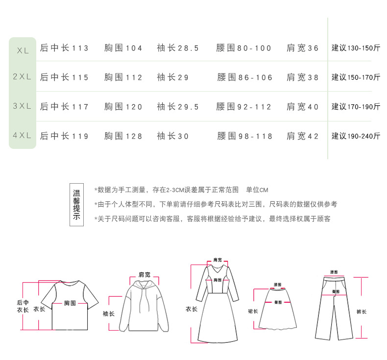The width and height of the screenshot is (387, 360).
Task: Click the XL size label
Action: tap(23, 50)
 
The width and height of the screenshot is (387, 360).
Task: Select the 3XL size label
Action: tap(22, 106)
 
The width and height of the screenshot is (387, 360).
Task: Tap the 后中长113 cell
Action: tap(64, 48)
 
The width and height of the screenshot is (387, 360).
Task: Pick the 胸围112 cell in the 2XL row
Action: tap(123, 77)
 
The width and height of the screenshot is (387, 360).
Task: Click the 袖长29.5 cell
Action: tap(178, 107)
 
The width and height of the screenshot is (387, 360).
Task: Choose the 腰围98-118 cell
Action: tap(244, 136)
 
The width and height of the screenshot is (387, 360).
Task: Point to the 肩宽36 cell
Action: tap(303, 48)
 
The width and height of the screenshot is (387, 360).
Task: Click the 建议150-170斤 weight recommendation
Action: tap(356, 77)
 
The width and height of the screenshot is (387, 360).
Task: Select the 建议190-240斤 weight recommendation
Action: tap(356, 136)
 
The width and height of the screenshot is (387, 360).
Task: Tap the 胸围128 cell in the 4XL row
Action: tap(123, 136)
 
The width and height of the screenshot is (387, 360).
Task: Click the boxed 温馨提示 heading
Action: tap(76, 205)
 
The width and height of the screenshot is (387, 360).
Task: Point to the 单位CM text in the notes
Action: tap(257, 190)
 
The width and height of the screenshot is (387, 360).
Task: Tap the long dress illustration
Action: tap(217, 304)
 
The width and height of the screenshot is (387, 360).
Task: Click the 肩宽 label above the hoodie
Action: tap(145, 274)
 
